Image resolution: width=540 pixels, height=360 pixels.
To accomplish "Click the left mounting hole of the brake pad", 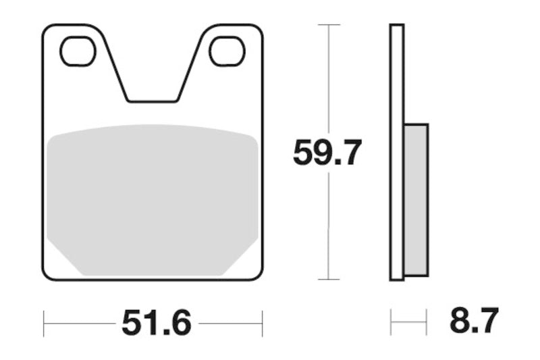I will (78, 51).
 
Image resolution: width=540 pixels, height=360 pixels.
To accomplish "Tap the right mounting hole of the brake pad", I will (227, 51).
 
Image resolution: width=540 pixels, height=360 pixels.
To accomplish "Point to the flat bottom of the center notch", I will (153, 101).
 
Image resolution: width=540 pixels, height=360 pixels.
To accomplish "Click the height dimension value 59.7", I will (327, 153).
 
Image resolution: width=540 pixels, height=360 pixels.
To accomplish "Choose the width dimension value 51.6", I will (157, 324).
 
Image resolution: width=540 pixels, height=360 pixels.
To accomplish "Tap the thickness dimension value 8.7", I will (474, 321).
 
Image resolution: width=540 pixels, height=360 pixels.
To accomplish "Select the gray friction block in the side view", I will (416, 199).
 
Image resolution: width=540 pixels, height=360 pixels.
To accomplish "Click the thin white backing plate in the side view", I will (396, 152).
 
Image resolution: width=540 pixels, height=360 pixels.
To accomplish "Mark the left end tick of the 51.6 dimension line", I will (44, 324).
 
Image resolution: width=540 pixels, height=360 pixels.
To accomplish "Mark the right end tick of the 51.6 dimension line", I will (262, 324).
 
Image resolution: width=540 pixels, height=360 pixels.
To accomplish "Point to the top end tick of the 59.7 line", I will (328, 25).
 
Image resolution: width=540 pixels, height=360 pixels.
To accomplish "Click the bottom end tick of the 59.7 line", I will (328, 279).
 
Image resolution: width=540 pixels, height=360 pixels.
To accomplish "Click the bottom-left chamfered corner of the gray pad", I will (64, 260).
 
